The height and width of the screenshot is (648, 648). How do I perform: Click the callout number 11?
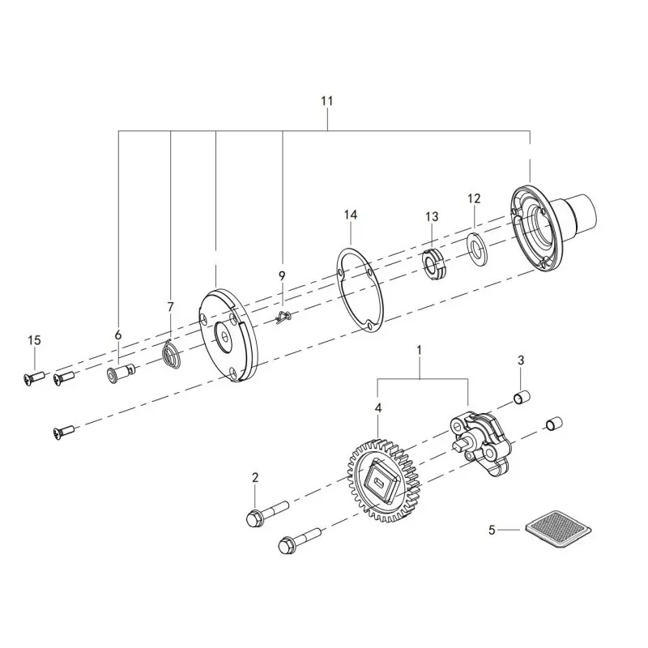(327, 100)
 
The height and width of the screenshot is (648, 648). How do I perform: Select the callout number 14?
(351, 215)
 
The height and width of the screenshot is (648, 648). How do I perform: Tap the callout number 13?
(432, 216)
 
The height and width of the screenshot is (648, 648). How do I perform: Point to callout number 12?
(475, 198)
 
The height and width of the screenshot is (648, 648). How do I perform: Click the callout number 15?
(35, 340)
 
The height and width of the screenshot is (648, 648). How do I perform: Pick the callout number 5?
(492, 530)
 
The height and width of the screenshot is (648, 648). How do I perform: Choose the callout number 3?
(521, 360)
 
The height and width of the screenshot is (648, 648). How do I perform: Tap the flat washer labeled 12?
(477, 249)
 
